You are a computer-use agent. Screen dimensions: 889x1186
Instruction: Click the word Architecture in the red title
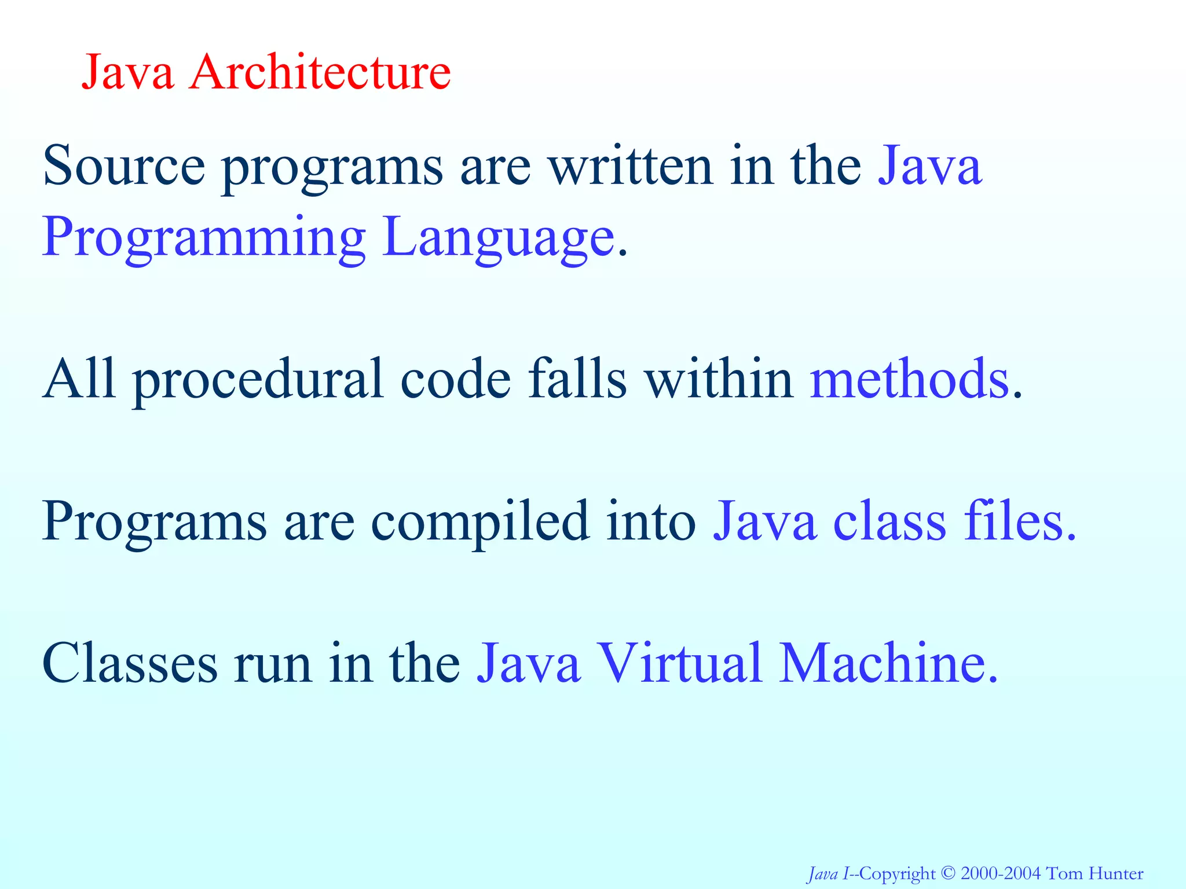click(320, 72)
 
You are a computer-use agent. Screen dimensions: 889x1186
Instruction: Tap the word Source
click(124, 166)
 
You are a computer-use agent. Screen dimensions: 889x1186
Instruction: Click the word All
click(79, 379)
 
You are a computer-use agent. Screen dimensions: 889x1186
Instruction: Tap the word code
click(456, 379)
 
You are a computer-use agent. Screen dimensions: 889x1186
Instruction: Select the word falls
click(577, 379)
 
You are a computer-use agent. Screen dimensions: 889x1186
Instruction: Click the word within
click(719, 379)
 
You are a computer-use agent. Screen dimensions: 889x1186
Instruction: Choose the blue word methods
click(910, 379)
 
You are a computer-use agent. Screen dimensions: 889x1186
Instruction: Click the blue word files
click(1013, 521)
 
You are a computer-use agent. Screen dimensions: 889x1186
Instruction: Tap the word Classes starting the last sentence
click(130, 663)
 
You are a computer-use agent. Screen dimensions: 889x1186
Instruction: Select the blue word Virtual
click(679, 663)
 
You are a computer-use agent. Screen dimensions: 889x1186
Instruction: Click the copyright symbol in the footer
click(948, 873)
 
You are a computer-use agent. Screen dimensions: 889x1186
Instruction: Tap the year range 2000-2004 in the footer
click(1001, 873)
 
